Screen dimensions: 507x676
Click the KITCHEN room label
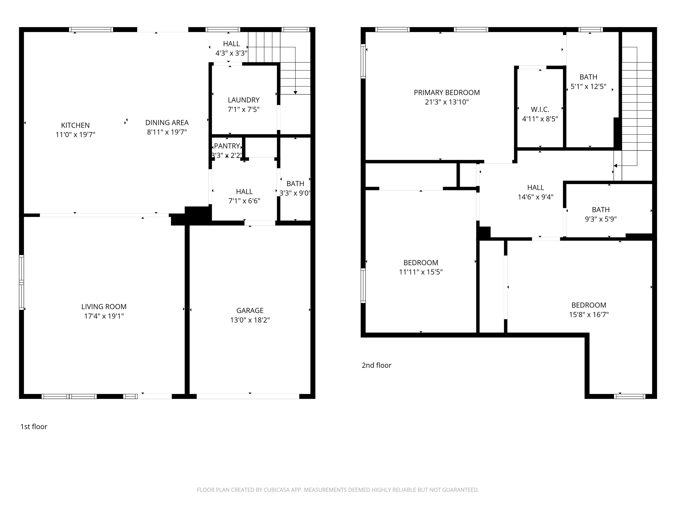[x=75, y=125]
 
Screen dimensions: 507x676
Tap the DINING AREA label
[x=167, y=123]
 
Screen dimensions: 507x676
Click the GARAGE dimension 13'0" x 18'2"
[x=250, y=320]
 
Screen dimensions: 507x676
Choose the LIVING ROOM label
[x=104, y=307]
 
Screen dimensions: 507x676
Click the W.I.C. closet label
[x=540, y=109]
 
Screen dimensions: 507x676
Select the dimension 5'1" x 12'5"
[x=588, y=86]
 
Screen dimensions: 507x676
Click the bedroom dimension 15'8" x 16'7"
[x=589, y=314]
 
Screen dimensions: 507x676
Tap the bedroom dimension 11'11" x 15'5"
[x=421, y=272]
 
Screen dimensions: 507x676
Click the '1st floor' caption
[x=34, y=427]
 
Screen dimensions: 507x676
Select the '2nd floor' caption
[x=376, y=365]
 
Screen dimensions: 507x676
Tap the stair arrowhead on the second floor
[x=615, y=166]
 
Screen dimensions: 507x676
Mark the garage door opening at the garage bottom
[x=248, y=396]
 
